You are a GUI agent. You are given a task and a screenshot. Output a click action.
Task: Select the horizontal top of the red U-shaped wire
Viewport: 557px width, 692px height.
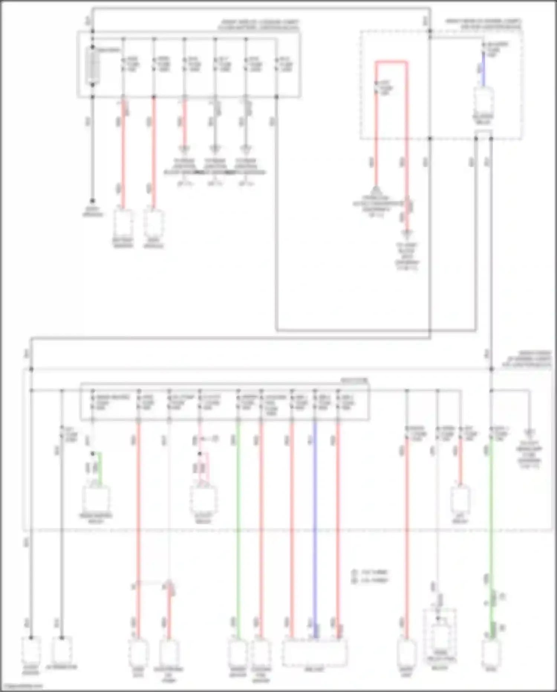pos(391,62)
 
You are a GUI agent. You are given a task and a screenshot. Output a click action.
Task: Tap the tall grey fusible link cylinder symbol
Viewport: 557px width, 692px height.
pos(92,66)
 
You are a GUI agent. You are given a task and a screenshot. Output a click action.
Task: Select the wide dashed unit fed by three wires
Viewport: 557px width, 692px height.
pos(315,653)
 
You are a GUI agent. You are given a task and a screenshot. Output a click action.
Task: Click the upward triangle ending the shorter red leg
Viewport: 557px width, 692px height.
pos(376,190)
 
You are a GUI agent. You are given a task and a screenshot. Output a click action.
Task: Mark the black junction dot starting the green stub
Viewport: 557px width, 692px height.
pos(93,454)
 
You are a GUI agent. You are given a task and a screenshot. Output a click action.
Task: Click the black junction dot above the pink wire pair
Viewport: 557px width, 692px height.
pos(200,454)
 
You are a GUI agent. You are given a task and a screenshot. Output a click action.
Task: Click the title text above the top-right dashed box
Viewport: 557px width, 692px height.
pos(483,24)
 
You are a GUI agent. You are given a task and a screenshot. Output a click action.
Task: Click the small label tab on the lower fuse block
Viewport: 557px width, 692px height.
pos(354,380)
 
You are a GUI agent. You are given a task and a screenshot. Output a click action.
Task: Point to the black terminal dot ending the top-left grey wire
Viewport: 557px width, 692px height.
pos(92,201)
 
